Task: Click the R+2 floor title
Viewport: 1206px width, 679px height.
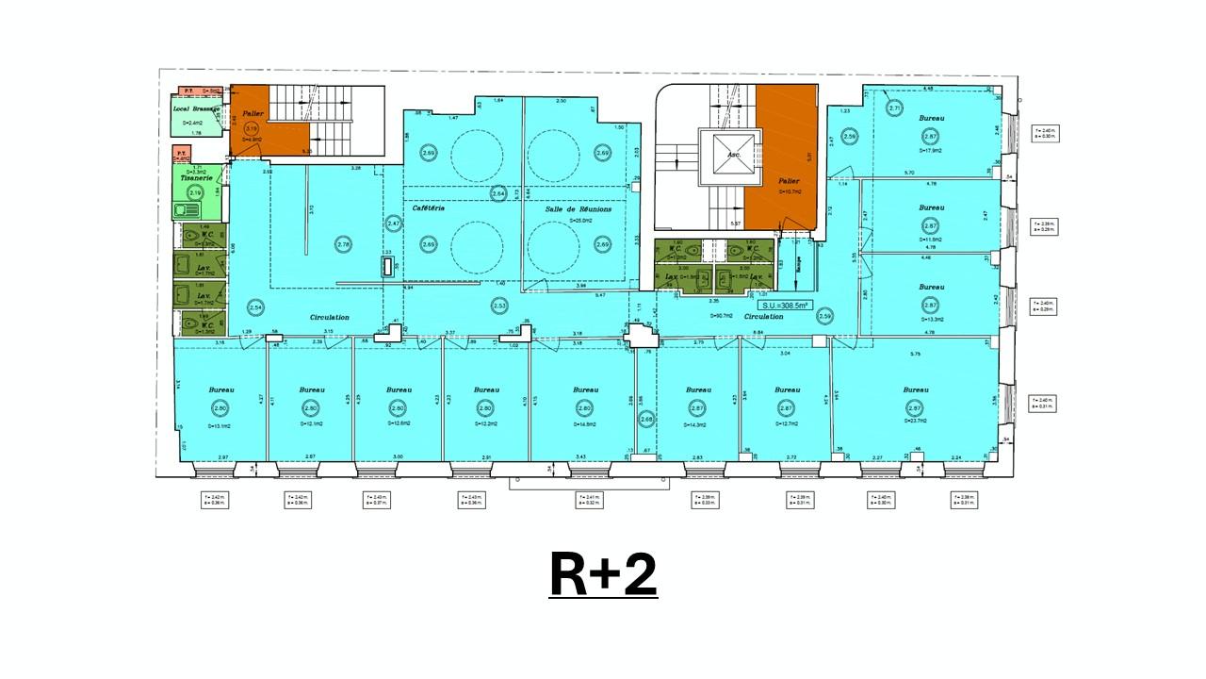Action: (603, 574)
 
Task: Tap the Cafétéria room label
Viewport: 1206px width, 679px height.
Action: (428, 208)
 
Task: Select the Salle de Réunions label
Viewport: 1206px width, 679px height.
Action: (579, 209)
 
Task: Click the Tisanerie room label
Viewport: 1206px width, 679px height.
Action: (196, 177)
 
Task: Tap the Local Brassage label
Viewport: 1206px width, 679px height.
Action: (196, 109)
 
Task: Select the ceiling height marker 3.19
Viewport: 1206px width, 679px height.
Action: (251, 128)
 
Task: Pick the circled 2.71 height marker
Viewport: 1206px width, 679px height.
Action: (895, 108)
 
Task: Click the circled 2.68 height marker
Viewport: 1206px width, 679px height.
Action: (646, 421)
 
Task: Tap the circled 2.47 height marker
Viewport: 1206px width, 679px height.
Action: (394, 224)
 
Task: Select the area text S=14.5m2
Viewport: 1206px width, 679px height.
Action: (585, 425)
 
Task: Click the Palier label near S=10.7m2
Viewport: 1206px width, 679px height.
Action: (790, 180)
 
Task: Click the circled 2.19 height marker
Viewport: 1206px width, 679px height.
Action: (195, 192)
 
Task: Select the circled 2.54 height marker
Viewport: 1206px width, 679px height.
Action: (254, 307)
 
